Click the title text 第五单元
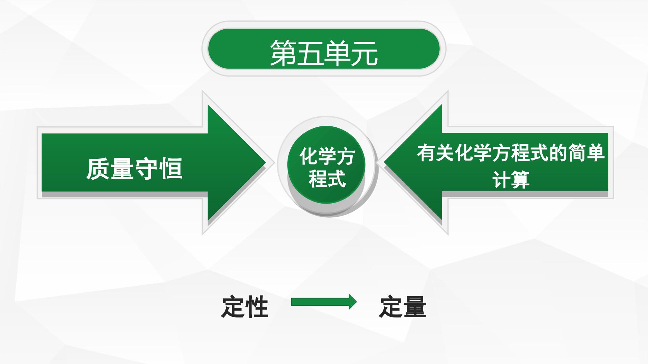pos(324,53)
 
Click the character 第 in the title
pos(283,53)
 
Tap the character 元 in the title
pos(364,53)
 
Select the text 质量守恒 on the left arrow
pos(134,169)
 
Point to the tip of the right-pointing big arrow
pos(266,163)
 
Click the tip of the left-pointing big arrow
pos(384,163)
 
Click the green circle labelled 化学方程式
pos(326,165)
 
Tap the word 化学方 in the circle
pos(327,156)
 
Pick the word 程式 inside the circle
pos(327,178)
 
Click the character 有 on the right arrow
pos(426,153)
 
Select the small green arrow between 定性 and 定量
pos(324,302)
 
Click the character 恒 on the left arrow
pos(171,169)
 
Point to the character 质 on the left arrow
pos(98,169)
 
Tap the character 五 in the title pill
pos(310,53)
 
